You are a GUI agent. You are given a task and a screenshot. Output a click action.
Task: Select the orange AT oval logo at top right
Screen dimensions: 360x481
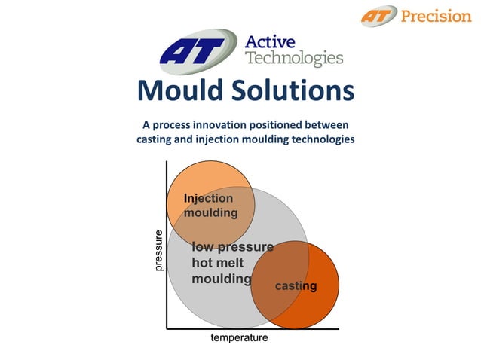[x=378, y=15]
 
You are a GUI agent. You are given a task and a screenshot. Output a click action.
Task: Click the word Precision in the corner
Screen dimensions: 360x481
[x=436, y=15]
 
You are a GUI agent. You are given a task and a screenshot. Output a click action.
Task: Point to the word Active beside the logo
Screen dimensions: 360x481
[x=270, y=41]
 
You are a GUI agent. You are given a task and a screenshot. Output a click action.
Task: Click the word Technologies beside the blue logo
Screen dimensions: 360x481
[x=294, y=59]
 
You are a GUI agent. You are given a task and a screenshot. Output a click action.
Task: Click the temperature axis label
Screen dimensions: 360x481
[x=239, y=338]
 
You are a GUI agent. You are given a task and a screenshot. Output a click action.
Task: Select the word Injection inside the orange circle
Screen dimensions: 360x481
[x=209, y=198]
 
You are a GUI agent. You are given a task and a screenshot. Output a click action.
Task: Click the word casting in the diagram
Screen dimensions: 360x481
[x=296, y=286]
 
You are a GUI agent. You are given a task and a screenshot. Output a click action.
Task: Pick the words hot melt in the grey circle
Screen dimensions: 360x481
[x=218, y=263]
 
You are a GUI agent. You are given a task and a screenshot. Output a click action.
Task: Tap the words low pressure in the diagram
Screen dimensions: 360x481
[x=232, y=247]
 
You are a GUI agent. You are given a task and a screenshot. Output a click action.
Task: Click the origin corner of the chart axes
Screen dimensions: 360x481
[x=167, y=328]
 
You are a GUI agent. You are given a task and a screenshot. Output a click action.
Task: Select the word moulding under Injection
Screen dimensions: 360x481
[x=211, y=212]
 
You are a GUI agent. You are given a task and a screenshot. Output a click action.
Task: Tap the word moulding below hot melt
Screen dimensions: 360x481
[x=221, y=279]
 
